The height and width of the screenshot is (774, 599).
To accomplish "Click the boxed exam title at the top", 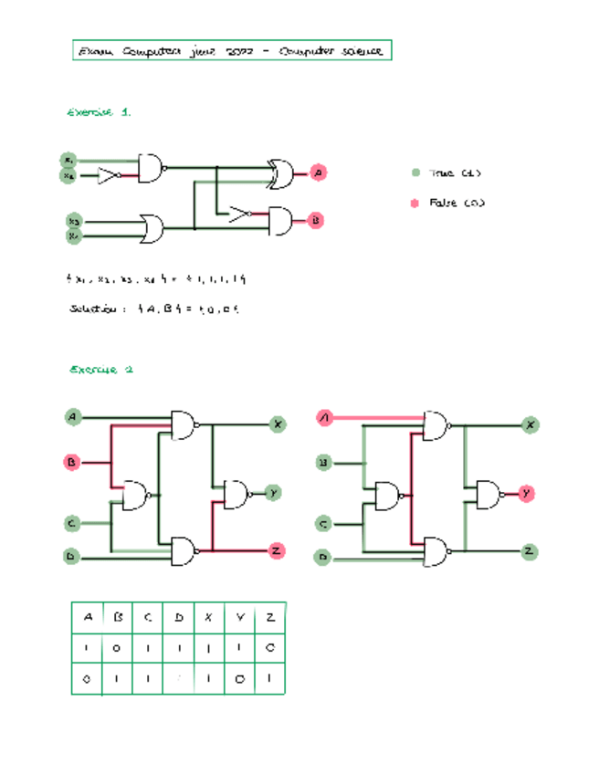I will tap(231, 50).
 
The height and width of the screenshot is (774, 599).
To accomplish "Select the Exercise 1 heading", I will tap(100, 112).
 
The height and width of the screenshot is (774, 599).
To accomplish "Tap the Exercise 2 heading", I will tap(101, 370).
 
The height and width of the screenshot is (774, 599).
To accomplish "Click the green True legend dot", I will tap(415, 173).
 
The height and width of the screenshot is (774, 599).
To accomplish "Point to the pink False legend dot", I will tap(415, 203).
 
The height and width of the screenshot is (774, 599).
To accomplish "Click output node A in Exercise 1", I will tap(317, 173).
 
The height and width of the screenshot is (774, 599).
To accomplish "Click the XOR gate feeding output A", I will tap(278, 173).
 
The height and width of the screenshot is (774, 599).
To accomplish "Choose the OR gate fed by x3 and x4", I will tap(150, 227).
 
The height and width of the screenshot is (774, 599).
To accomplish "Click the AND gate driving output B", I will tap(278, 220).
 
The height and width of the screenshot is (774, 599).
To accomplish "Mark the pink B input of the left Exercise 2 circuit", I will tap(72, 462).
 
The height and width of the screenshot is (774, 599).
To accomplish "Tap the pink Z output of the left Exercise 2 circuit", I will tap(275, 550).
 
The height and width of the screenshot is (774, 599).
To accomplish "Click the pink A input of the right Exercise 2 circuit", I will tap(324, 418).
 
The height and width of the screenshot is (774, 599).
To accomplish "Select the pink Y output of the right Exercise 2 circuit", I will tap(527, 494).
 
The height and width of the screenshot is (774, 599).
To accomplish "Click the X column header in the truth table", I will tap(209, 617).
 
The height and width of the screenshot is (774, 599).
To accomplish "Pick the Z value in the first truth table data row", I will tap(270, 648).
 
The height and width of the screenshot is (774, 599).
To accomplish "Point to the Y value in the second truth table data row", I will tap(240, 679).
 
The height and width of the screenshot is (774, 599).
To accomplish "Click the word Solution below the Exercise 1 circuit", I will tap(91, 309).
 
